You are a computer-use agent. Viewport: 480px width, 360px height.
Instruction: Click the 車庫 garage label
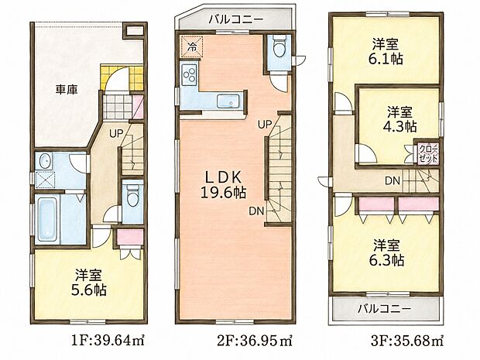[x=67, y=89]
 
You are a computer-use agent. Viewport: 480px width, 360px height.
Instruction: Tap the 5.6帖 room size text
[x=89, y=290]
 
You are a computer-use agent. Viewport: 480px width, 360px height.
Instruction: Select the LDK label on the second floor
[x=224, y=177]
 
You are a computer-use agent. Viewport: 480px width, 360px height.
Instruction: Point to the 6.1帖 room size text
[x=386, y=59]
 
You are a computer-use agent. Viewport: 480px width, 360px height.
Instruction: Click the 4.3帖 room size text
[x=399, y=126]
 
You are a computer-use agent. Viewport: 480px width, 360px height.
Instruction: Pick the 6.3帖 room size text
[x=386, y=260]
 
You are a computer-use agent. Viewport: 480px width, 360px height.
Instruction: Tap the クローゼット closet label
[x=428, y=154]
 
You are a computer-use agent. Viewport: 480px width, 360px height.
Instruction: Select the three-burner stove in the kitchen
[x=189, y=75]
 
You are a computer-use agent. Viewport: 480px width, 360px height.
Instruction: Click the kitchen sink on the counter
[x=228, y=101]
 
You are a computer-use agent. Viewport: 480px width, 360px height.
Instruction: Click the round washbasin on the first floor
[x=45, y=161]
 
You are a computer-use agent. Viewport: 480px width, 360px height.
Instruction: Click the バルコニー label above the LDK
[x=235, y=20]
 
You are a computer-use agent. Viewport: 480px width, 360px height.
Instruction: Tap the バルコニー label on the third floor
[x=384, y=309]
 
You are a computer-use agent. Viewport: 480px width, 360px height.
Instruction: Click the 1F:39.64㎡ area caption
[x=108, y=341]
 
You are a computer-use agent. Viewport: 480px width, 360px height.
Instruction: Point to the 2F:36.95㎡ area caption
[x=255, y=341]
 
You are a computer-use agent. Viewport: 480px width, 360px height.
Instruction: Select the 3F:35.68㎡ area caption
[x=407, y=341]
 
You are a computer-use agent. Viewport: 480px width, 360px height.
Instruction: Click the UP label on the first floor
[x=116, y=133]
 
